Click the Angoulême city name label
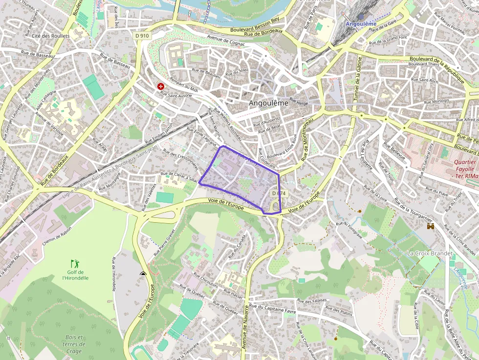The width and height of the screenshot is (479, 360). tap(268, 103)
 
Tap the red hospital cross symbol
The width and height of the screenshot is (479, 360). tap(161, 86)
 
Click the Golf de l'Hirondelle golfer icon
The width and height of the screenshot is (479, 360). tap(75, 263)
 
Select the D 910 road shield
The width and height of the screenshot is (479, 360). tap(142, 36)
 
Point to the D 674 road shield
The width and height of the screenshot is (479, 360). tap(279, 193)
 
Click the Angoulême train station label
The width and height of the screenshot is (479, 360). tap(361, 23)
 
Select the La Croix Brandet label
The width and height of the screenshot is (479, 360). tap(430, 254)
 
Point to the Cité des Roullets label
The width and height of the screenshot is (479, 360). tap(51, 36)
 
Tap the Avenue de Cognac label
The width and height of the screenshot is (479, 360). tap(226, 40)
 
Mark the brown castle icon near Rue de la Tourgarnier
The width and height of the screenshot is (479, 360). tap(431, 226)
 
